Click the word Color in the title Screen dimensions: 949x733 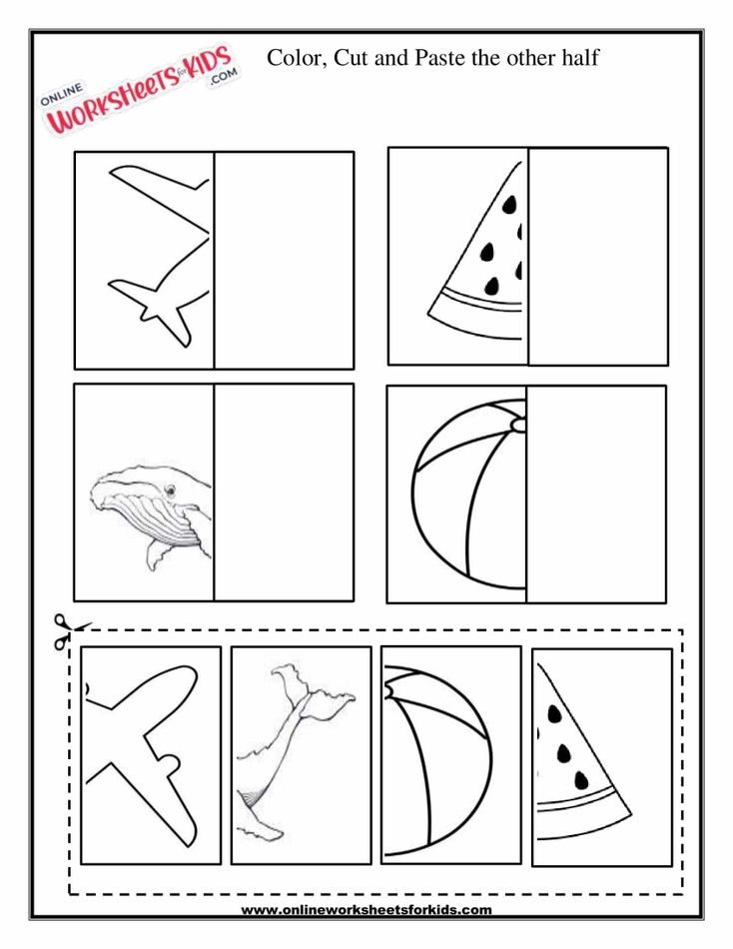(294, 57)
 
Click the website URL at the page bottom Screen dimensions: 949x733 (366, 909)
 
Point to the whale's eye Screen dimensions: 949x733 (171, 489)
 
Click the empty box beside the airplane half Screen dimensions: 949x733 (284, 260)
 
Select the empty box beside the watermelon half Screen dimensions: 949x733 (597, 256)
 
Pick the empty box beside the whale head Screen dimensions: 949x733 (284, 492)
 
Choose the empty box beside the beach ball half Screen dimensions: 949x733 (595, 494)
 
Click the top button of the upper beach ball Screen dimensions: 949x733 (518, 426)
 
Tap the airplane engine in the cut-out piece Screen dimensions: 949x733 (170, 764)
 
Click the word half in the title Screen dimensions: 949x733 (578, 57)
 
